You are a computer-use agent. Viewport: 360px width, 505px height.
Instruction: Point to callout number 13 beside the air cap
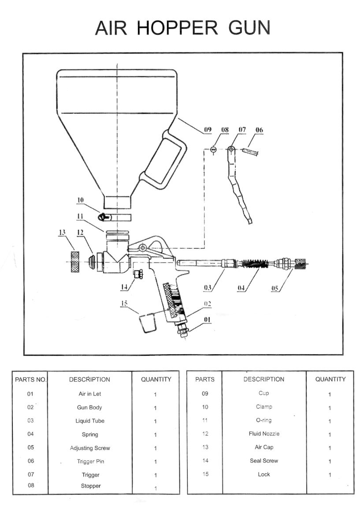coord(63,233)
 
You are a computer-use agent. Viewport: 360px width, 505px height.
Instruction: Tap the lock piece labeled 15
coord(148,323)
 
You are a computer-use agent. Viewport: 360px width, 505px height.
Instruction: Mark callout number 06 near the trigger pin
coord(259,130)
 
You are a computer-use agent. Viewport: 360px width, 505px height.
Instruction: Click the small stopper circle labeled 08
coord(213,150)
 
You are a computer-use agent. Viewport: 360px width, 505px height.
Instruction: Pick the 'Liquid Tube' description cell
coord(89,421)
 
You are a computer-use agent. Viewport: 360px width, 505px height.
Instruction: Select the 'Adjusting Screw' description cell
coord(89,448)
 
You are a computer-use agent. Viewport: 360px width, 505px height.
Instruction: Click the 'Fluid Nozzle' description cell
coord(264,434)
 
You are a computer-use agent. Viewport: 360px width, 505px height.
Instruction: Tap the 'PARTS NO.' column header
coord(30,379)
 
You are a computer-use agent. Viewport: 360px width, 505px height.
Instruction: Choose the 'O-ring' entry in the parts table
coord(264,420)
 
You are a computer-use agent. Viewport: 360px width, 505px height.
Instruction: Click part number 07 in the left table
coord(30,475)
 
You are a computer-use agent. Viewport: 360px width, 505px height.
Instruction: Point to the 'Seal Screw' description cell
coord(264,461)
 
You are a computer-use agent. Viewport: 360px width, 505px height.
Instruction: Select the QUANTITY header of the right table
coord(330,379)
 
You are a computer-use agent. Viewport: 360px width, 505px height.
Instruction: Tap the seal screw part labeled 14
coord(138,275)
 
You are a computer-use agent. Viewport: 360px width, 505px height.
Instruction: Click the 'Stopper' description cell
coord(90,486)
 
